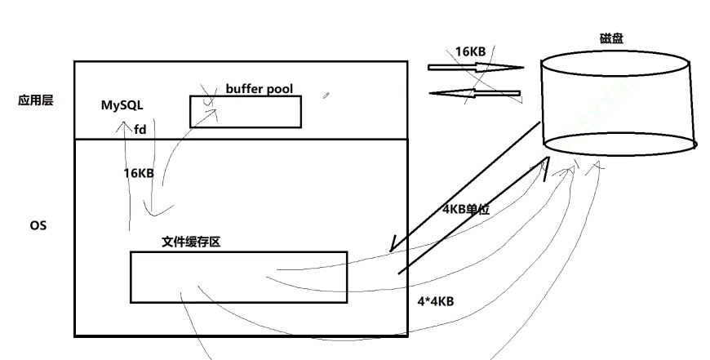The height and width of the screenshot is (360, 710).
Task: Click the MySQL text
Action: [122, 106]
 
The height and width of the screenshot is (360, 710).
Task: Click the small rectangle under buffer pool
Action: [245, 112]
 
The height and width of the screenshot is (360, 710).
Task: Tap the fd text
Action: [140, 128]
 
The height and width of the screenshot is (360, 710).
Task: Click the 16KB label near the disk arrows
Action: [470, 51]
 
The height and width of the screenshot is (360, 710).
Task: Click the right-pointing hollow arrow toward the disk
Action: [477, 67]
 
